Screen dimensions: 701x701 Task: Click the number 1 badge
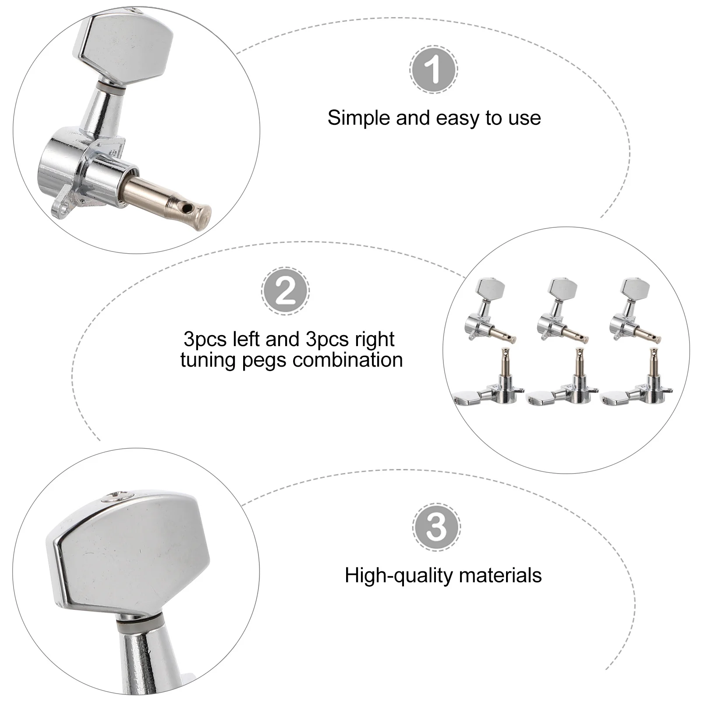coord(434,69)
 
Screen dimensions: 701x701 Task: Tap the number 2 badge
coord(285,291)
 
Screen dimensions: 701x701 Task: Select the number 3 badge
coord(436,527)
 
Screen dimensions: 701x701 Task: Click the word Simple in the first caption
coord(358,118)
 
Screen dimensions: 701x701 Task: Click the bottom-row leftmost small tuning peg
coord(489,383)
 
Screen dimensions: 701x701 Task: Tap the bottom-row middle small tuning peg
coord(563,383)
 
